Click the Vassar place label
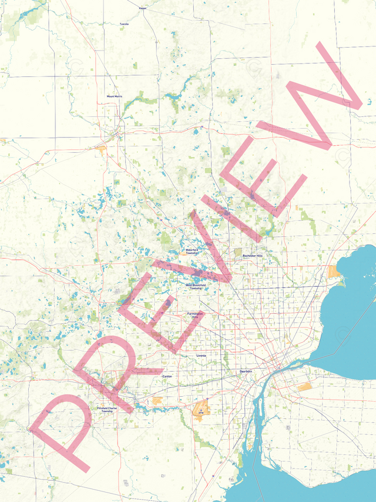click(142, 9)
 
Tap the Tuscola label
click(124, 24)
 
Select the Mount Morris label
click(115, 96)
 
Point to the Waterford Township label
click(192, 251)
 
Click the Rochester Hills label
click(253, 256)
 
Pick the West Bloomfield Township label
click(196, 287)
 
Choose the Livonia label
click(202, 356)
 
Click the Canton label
click(167, 376)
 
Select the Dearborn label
click(246, 372)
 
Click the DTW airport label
click(201, 413)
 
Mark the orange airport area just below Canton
click(157, 400)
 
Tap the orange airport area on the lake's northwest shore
click(334, 271)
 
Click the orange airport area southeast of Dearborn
click(304, 387)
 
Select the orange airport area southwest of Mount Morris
click(101, 149)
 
